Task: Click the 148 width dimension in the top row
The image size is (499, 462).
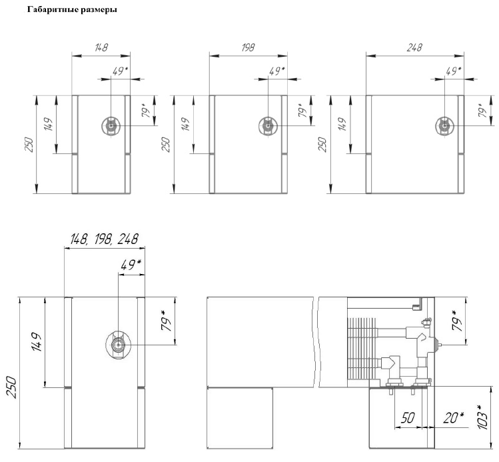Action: pos(101,48)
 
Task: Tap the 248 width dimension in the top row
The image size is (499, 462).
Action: pos(414,48)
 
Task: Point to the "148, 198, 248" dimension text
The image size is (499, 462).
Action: pos(101,239)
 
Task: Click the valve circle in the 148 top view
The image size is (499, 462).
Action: pos(111,125)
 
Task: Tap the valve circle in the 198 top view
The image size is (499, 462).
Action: pos(268,125)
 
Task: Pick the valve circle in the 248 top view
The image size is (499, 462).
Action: pos(444,125)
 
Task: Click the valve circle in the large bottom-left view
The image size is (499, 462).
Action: pos(119,345)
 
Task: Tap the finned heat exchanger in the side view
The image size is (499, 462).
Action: pos(359,347)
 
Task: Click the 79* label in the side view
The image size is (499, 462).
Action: pos(457,322)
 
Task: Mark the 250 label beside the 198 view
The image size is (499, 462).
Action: pos(166,145)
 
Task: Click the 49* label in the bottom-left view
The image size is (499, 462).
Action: pos(131,265)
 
